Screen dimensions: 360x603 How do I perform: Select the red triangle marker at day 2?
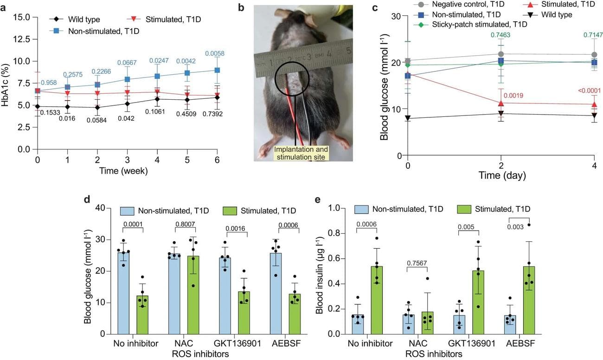tap(500, 103)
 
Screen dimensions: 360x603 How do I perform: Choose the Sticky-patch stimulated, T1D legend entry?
tap(474, 24)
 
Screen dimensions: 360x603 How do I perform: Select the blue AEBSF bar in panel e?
tap(510, 324)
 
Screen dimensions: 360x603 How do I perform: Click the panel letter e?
tap(318, 201)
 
